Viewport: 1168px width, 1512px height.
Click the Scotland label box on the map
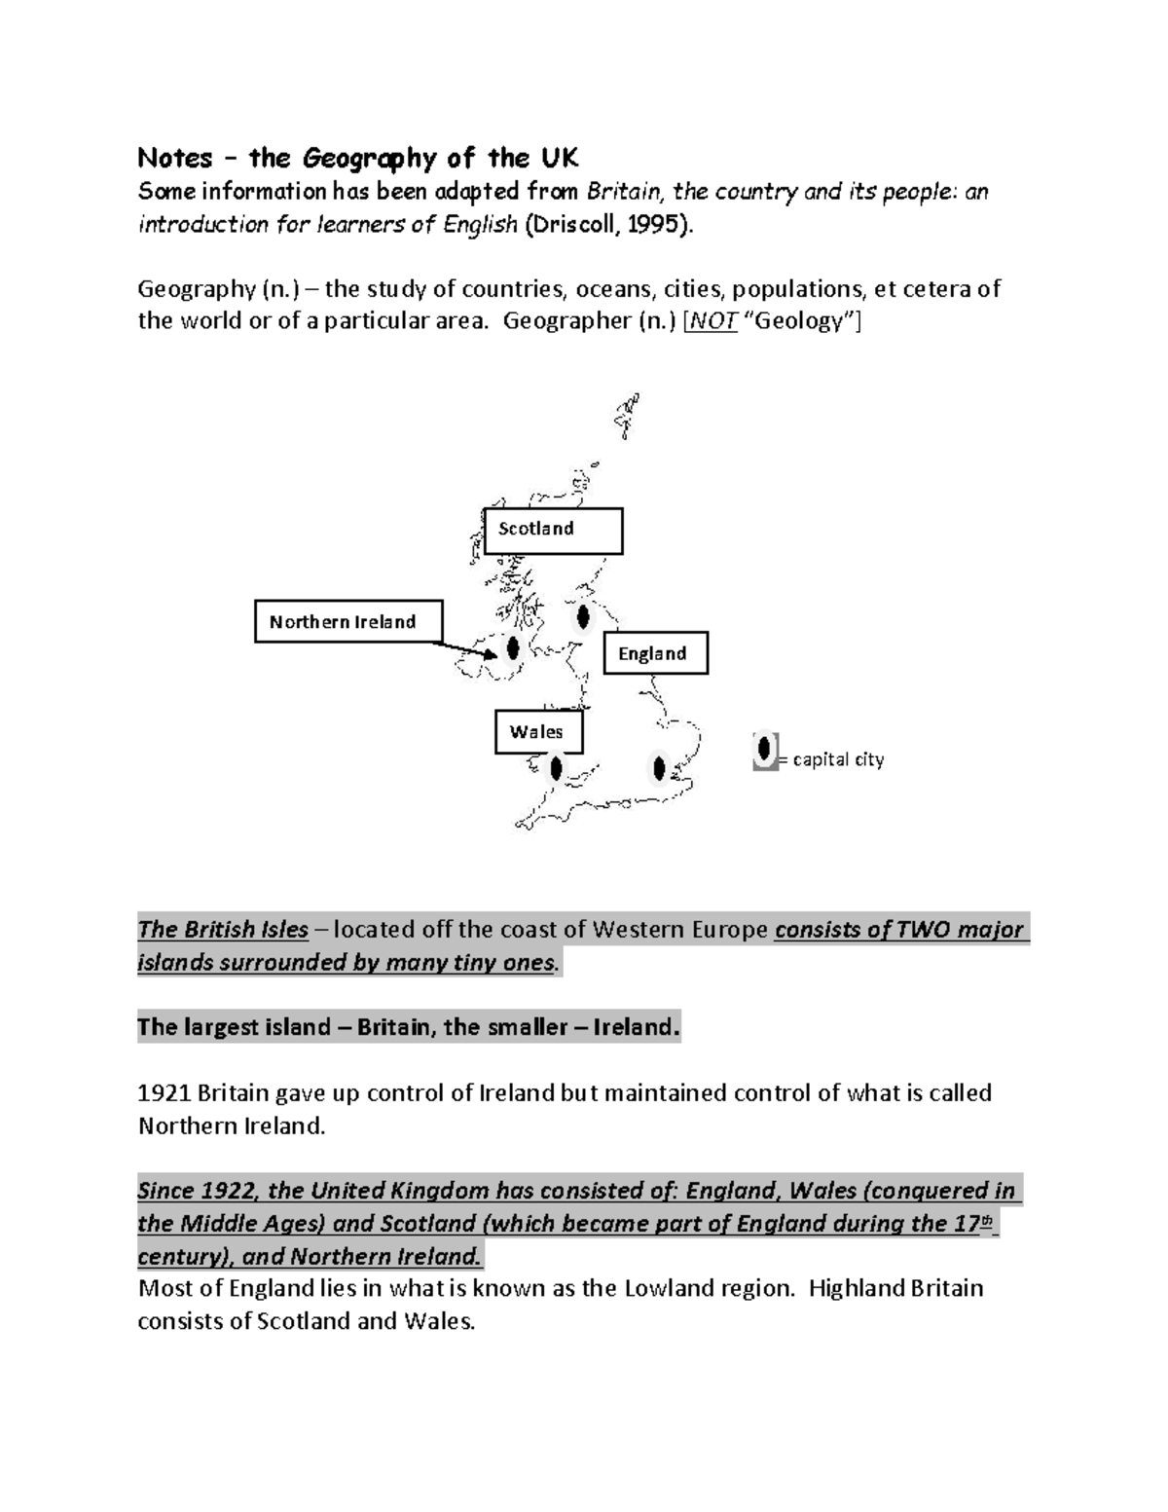pos(553,531)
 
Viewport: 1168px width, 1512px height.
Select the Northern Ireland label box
pos(347,621)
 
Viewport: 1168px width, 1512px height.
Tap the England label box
pos(655,653)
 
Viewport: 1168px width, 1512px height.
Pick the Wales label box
pos(538,732)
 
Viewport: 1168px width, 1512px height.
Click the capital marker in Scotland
pos(583,616)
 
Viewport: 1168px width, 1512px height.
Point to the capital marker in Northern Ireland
pos(513,647)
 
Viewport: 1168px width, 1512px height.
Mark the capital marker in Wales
pos(555,769)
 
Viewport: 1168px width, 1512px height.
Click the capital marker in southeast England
pos(660,769)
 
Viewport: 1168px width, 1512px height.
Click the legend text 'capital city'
pos(838,759)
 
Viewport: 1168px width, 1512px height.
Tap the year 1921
pos(164,1093)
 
